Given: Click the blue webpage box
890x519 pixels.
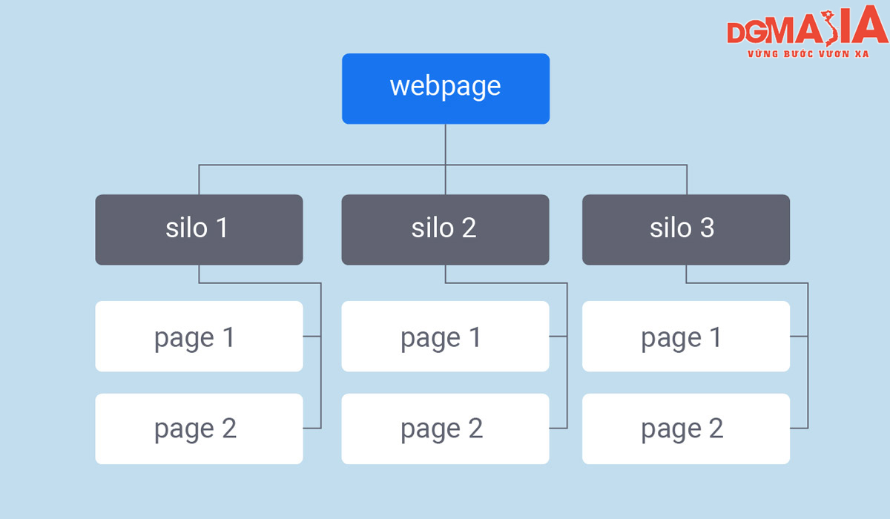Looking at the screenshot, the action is pos(446,89).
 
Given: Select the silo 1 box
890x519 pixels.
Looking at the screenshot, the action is pos(199,230).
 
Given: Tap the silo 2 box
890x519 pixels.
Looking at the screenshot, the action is pos(446,230).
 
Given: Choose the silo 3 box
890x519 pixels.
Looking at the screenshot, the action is pos(686,230).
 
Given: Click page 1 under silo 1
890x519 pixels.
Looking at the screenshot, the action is pos(199,337).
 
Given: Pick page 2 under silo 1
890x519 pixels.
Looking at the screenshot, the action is pos(199,429).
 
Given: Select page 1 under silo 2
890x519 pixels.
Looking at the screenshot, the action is pos(446,337).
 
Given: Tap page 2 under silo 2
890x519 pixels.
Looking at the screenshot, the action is pos(446,429).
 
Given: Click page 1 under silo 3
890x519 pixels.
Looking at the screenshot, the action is pos(686,337).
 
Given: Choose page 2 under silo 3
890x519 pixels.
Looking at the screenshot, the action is pos(686,429).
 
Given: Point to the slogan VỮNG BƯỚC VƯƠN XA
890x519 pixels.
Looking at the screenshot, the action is pos(808,53).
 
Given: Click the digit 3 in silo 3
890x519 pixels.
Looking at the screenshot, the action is pos(708,228).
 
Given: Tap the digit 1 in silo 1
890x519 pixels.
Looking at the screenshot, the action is pos(222,228).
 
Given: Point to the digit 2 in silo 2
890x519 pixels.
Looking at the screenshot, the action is pos(469,228).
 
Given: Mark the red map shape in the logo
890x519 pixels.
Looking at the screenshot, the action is pos(831,27).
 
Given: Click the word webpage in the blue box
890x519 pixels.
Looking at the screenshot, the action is pos(446,87).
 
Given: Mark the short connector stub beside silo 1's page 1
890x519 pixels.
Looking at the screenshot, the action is pos(312,337).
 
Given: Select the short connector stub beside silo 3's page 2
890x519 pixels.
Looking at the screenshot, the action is pos(799,428).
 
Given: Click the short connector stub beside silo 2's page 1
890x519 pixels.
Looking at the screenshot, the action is pos(558,337).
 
